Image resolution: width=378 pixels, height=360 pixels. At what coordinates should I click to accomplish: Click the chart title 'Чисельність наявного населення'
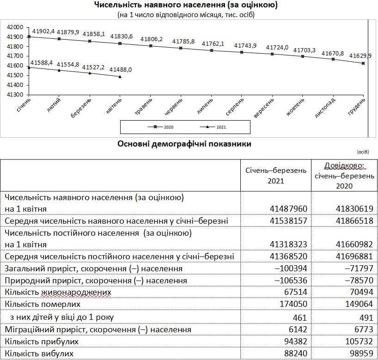[185, 5]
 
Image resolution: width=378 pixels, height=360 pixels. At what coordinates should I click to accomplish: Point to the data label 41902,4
[43, 31]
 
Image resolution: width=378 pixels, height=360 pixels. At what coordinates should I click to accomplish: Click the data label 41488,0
[121, 69]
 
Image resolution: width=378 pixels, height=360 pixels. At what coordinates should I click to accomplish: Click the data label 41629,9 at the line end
[360, 56]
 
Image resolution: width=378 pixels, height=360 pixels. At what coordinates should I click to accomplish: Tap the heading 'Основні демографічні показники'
[185, 144]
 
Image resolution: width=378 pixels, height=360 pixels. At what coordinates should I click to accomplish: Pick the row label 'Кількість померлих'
[43, 305]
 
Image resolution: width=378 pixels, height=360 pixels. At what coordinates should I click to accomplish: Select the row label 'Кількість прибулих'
[41, 341]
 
